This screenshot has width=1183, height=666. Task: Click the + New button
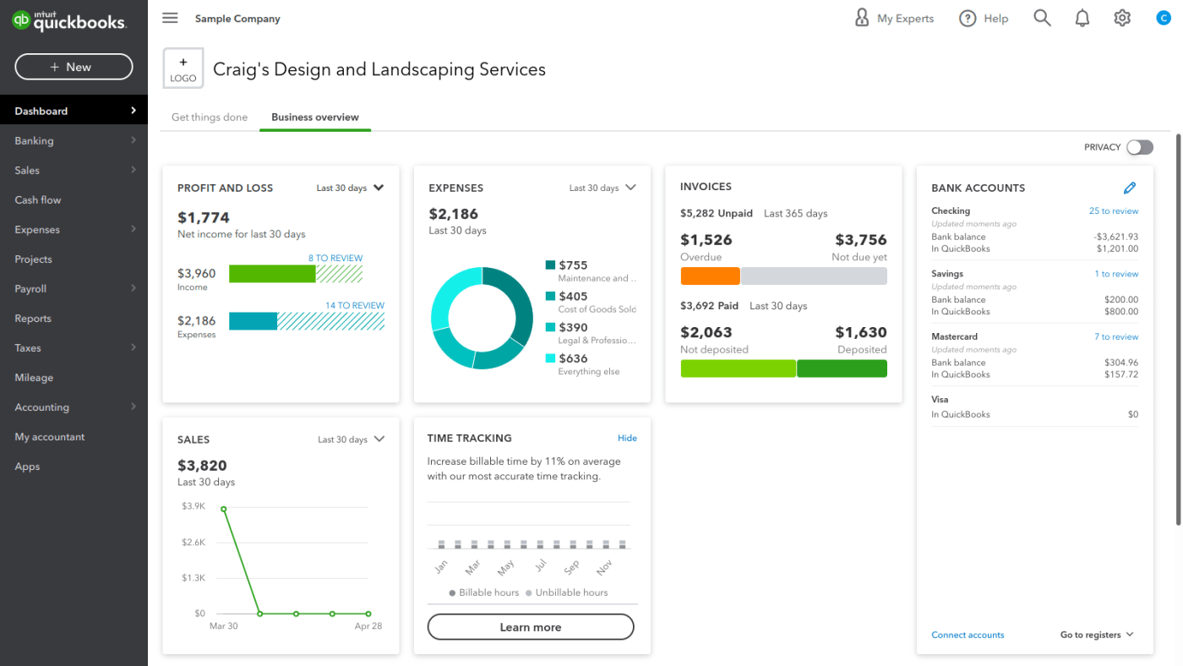[74, 67]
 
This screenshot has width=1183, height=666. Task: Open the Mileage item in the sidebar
[34, 378]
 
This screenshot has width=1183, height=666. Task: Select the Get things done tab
[210, 117]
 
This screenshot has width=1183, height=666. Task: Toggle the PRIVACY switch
[1139, 147]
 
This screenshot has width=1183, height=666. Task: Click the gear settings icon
[1122, 18]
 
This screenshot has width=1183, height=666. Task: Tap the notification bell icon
[1082, 18]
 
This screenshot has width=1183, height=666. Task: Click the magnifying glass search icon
[1042, 18]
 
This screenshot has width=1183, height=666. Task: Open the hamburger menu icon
[170, 18]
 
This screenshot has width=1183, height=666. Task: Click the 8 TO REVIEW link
[335, 258]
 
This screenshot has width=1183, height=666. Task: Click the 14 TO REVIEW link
[355, 305]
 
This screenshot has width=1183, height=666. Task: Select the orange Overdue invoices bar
[710, 276]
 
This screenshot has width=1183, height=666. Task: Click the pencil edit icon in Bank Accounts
[1130, 188]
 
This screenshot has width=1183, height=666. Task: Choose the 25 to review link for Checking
[1113, 211]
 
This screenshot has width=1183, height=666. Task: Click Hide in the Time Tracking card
[627, 438]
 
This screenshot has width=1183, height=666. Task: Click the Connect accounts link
[968, 635]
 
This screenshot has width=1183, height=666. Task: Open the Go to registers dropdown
[1096, 635]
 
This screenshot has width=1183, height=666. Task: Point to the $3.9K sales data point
[223, 509]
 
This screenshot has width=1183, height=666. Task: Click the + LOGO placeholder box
[183, 68]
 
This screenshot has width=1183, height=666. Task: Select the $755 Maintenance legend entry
[591, 270]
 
